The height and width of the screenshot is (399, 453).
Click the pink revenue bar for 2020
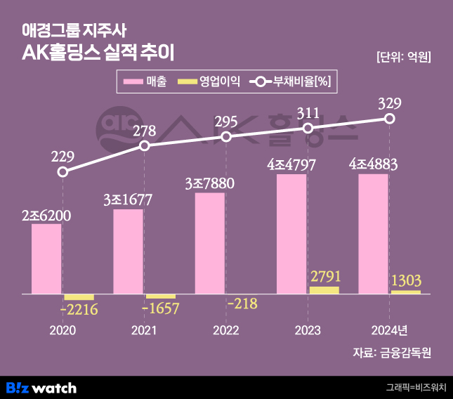tap(46, 259)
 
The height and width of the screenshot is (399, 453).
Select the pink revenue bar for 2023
tap(291, 233)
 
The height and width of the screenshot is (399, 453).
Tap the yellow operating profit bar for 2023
tap(324, 289)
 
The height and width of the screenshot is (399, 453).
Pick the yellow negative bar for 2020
tap(79, 296)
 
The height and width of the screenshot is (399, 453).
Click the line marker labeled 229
tap(63, 171)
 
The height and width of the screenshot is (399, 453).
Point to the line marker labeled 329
tap(390, 119)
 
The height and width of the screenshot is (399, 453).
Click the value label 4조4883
tap(374, 164)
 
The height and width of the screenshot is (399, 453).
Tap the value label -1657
tap(160, 308)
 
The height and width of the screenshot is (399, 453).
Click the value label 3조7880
tap(209, 183)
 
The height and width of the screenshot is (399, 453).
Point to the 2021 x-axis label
tap(144, 330)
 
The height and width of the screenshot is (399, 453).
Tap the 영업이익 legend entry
tap(209, 82)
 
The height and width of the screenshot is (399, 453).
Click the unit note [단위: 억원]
tap(403, 57)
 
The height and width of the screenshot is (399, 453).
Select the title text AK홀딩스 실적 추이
tap(98, 52)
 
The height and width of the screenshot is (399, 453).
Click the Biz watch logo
tap(41, 387)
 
